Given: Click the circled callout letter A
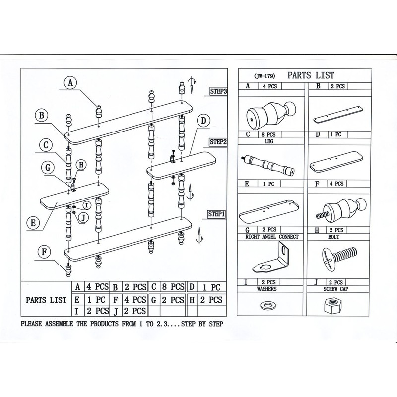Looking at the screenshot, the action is [x=71, y=83].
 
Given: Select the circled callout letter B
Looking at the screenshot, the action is [x=43, y=116].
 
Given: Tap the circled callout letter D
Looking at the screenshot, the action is [x=203, y=120].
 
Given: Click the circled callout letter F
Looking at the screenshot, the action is [x=45, y=252].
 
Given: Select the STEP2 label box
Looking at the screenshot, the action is [x=218, y=142].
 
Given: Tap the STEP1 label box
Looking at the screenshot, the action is [x=217, y=214].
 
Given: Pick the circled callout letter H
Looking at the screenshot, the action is [x=81, y=165].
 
